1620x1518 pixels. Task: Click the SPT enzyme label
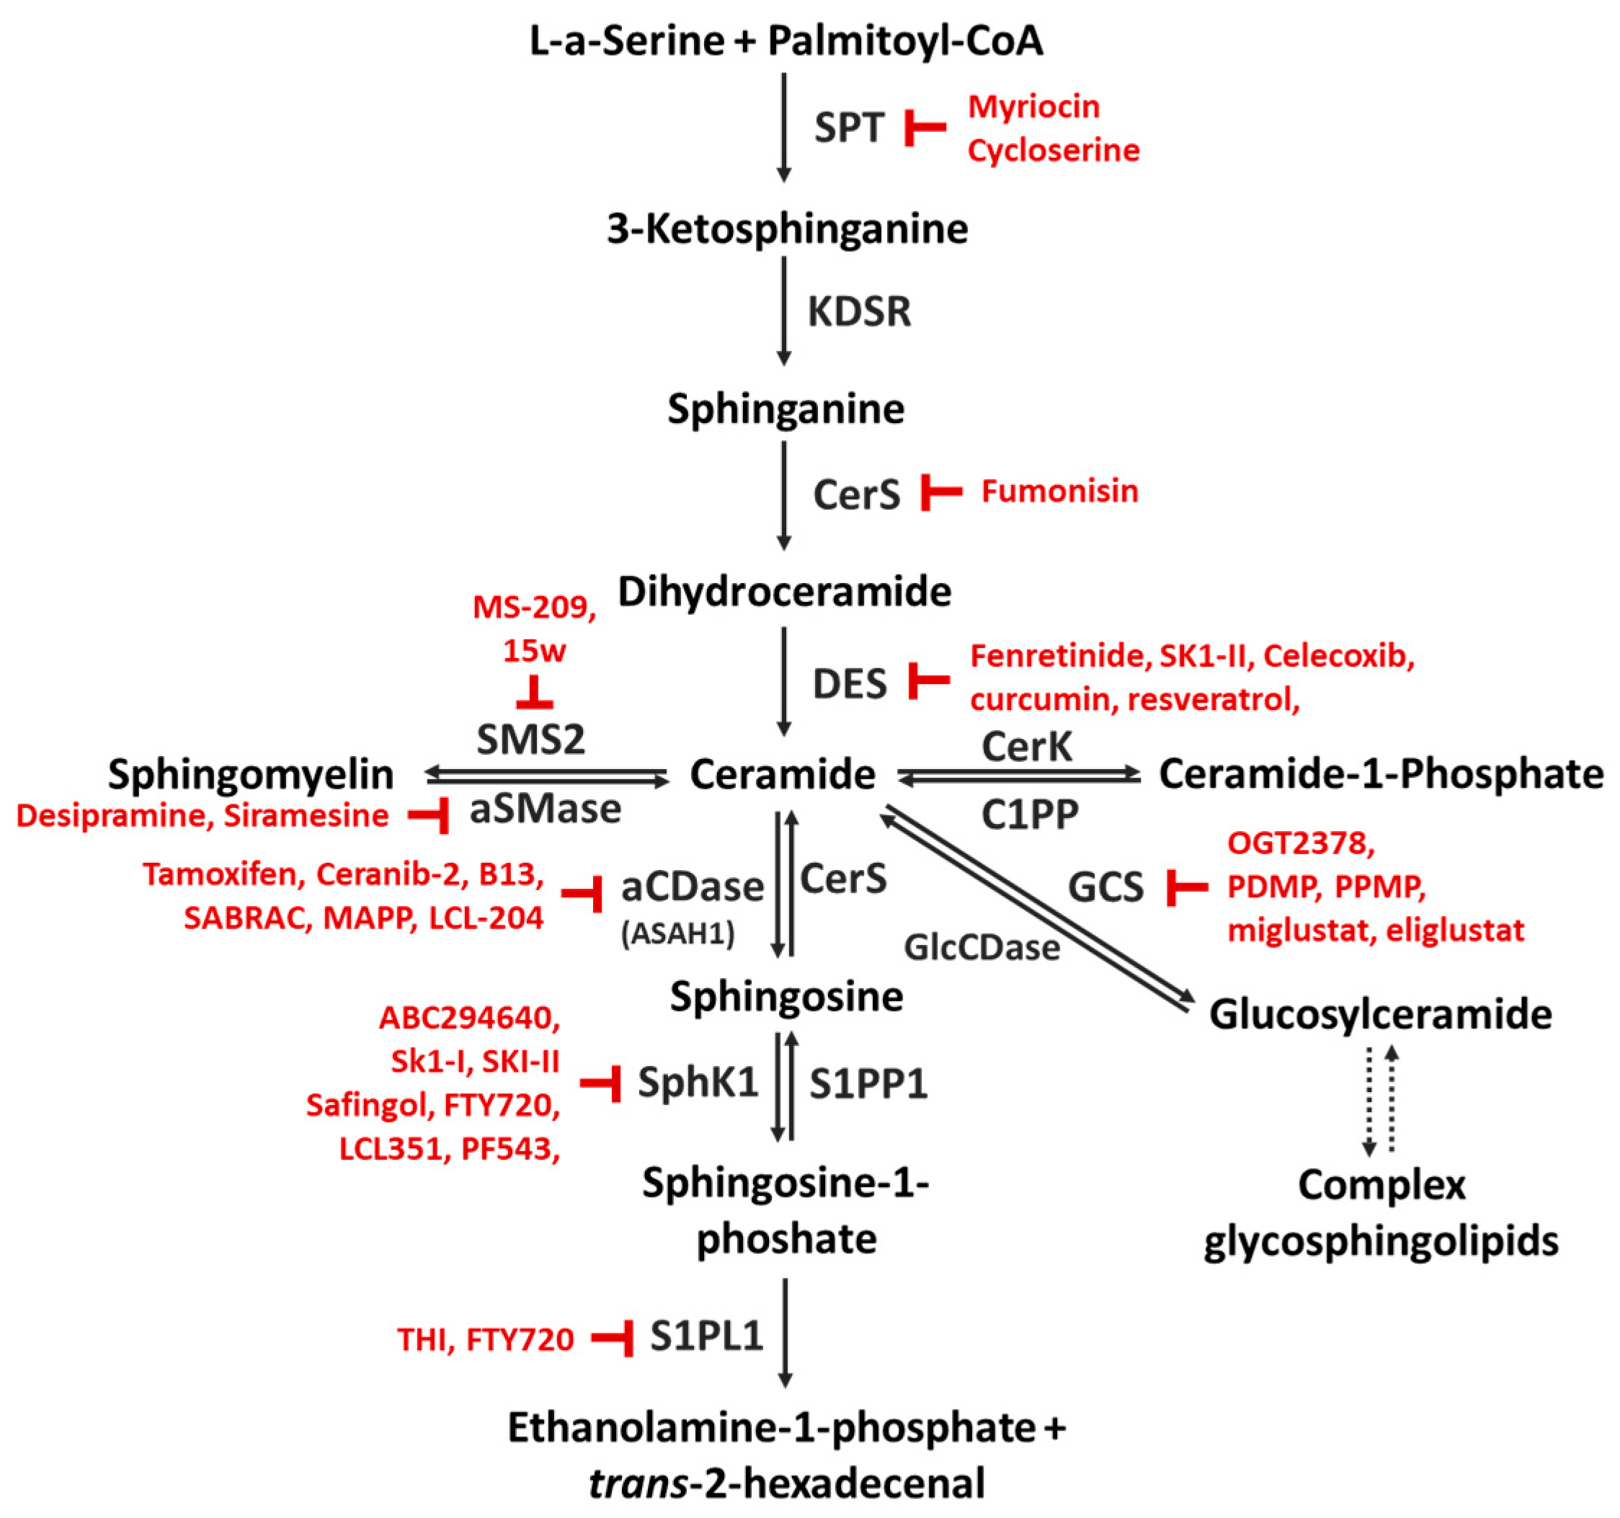(849, 128)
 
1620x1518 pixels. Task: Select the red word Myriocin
(1033, 107)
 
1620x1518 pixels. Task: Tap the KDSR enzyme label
(859, 311)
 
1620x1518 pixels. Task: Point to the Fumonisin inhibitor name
(1059, 491)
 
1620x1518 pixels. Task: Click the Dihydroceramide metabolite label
(784, 591)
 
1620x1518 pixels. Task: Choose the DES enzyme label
(849, 683)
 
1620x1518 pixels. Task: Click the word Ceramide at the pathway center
(783, 773)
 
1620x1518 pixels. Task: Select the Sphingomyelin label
(250, 773)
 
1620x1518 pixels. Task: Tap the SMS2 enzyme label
(530, 740)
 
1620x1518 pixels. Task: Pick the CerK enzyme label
(1027, 746)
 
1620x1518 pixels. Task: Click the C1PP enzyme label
(1030, 814)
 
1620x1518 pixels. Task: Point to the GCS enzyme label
(1105, 887)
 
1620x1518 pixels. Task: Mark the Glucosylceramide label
(1381, 1014)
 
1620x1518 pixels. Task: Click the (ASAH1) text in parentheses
(678, 933)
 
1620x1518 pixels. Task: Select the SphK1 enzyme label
(698, 1083)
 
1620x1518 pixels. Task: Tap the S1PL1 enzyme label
(706, 1336)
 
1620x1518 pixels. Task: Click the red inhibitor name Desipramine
(110, 815)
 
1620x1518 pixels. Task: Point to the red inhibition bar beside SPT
(924, 128)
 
